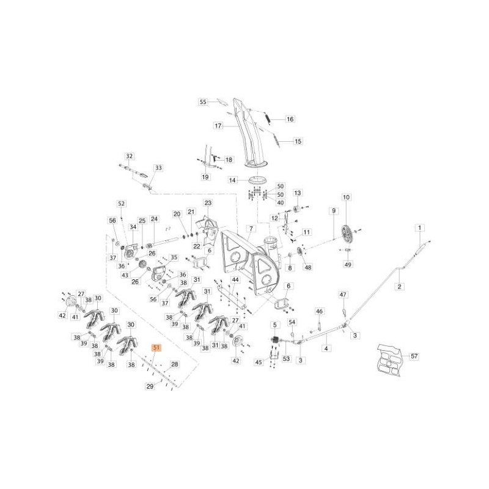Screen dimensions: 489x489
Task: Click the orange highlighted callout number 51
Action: point(156,348)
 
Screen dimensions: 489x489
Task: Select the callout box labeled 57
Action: point(414,356)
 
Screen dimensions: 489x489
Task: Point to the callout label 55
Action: point(204,102)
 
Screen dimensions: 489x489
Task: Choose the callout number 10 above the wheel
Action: point(347,197)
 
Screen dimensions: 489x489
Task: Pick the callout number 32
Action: point(129,156)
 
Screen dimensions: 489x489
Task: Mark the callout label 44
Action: point(235,279)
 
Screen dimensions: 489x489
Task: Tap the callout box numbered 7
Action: point(249,228)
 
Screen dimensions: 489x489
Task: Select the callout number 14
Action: point(232,180)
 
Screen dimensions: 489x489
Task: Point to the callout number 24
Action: point(154,219)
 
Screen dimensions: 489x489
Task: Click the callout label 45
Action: point(258,362)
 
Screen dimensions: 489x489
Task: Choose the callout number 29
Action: point(149,387)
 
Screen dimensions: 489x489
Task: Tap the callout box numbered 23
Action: point(207,202)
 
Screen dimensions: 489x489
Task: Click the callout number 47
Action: point(343,294)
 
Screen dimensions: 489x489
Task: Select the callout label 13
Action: point(298,193)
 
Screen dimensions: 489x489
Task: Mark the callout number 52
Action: point(121,204)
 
